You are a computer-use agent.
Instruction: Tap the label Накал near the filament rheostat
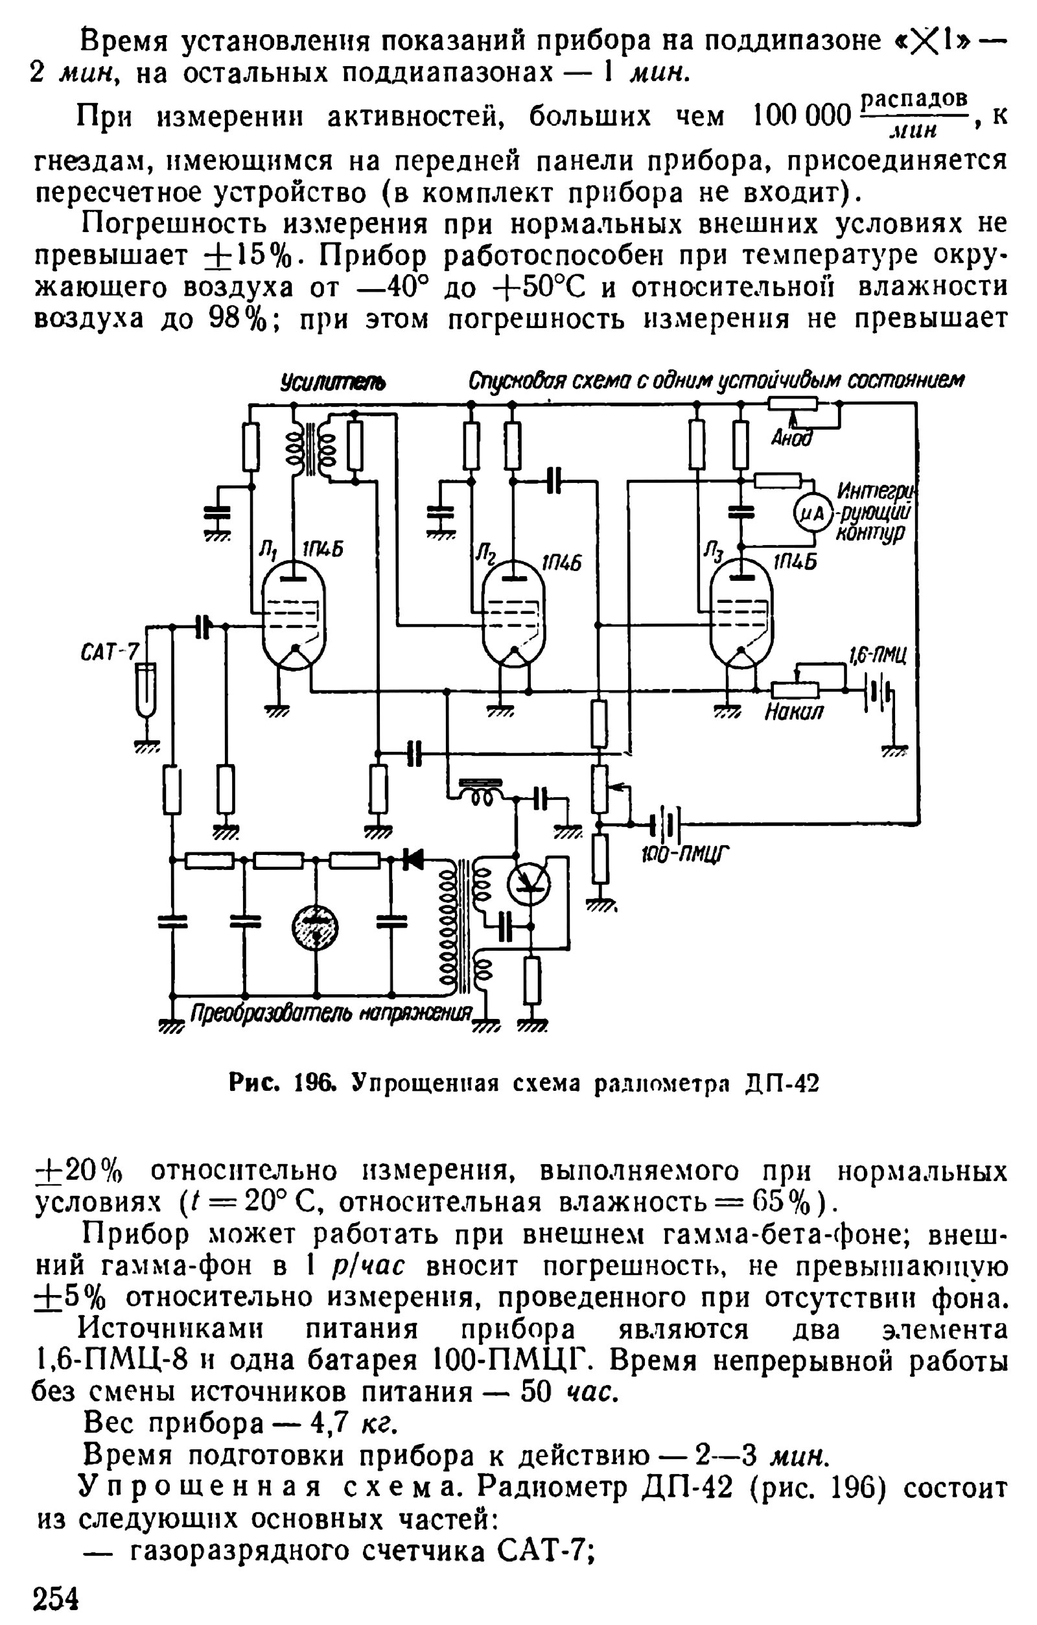click(x=793, y=711)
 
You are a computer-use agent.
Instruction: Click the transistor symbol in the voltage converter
click(x=528, y=883)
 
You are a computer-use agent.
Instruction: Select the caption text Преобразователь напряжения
click(x=331, y=1013)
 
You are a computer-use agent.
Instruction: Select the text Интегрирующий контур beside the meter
click(x=873, y=511)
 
